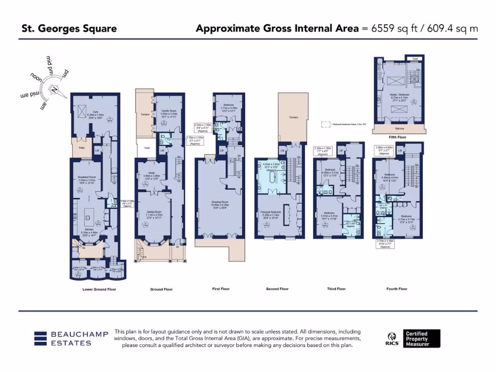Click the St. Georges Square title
coord(69,29)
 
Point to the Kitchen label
coord(89,230)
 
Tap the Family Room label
coord(169,112)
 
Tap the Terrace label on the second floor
coord(294,118)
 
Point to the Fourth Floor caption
coord(397,289)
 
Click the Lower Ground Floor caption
coord(99,289)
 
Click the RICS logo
coord(393,339)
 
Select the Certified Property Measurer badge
coord(422,339)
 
